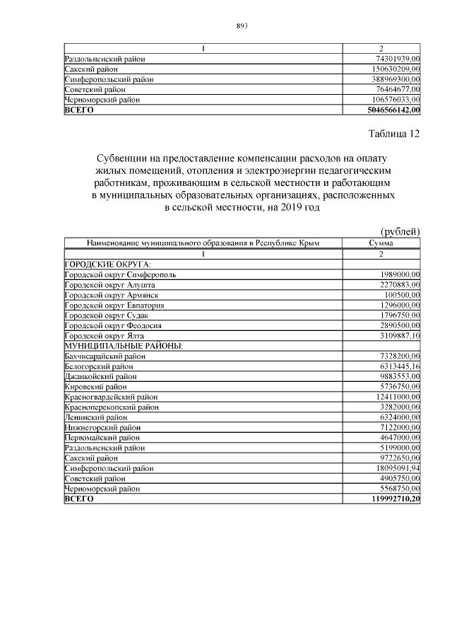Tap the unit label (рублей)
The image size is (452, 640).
[x=400, y=231]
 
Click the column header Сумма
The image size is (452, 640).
[x=381, y=243]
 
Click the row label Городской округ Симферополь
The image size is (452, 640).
[x=120, y=274]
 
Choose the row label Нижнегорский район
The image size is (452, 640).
[x=102, y=427]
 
